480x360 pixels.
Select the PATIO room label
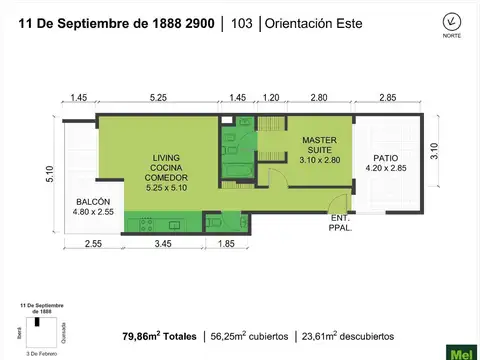point(384,162)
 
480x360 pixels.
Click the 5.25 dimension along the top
point(157,98)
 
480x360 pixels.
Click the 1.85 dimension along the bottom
point(226,244)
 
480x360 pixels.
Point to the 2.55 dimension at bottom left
point(93,244)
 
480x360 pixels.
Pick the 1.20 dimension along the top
point(270,98)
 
